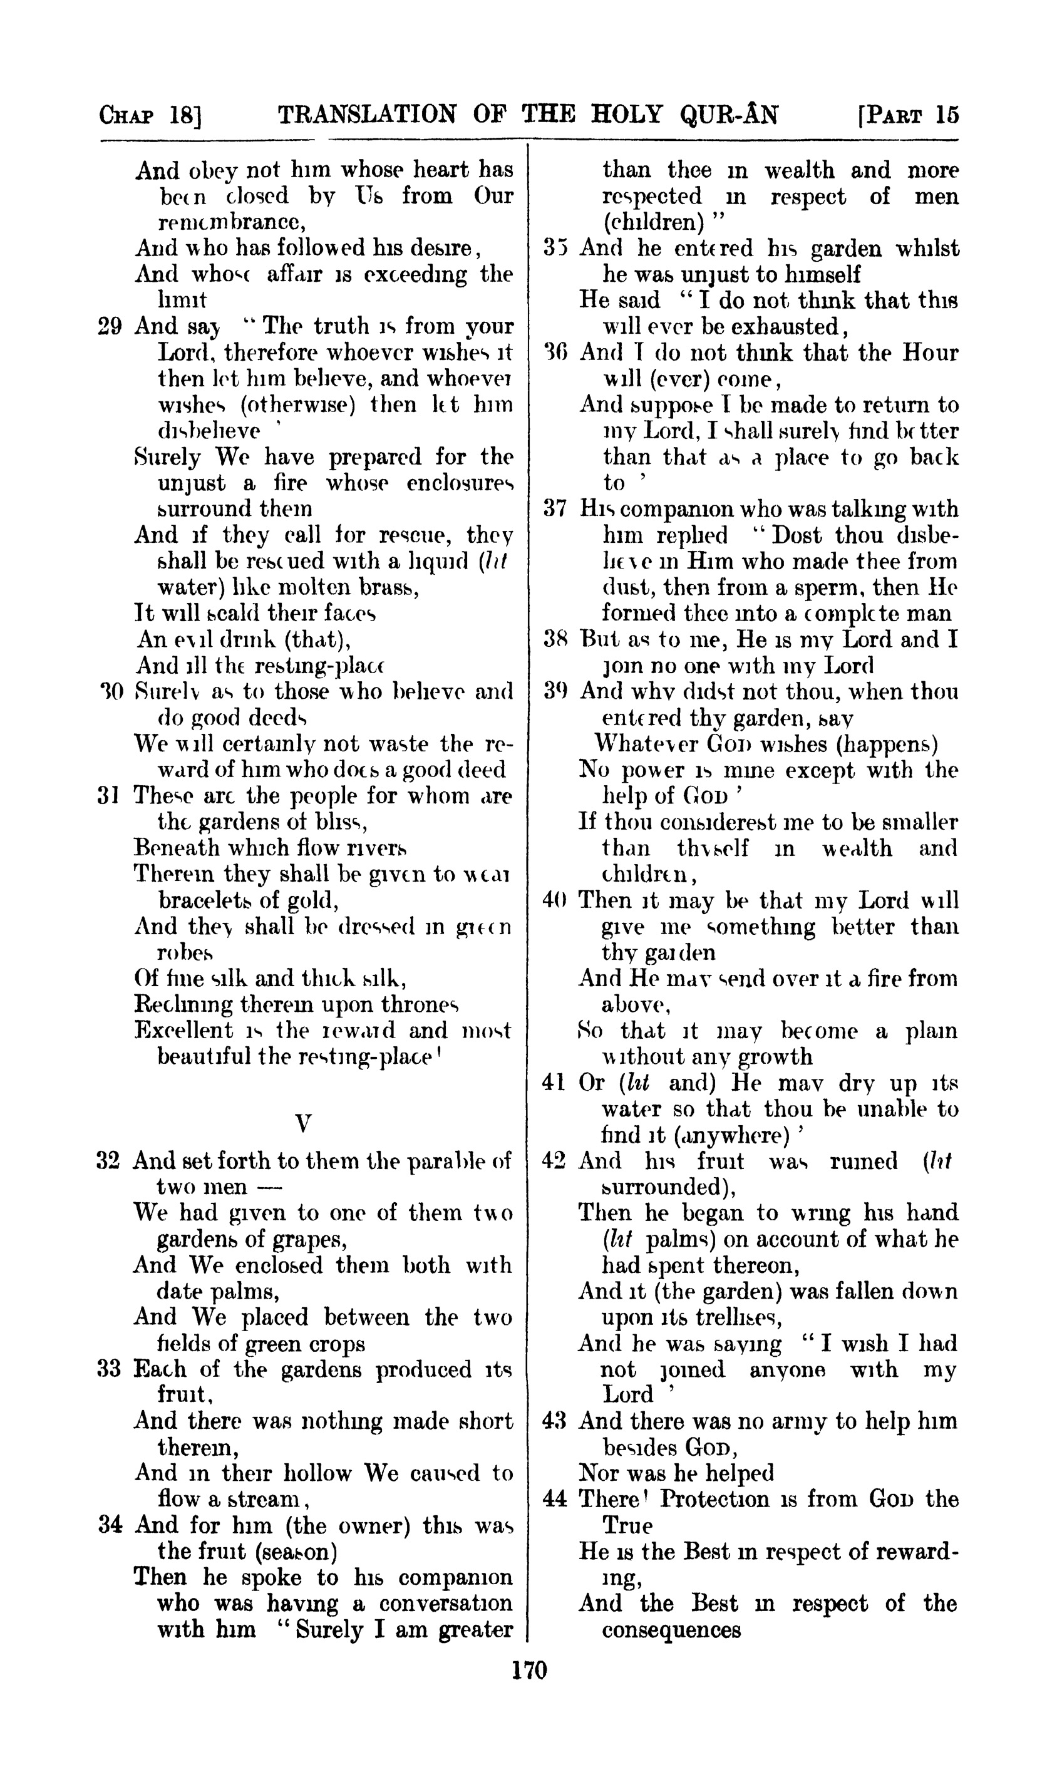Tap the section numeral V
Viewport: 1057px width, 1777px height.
click(x=302, y=1123)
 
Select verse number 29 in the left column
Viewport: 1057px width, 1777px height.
click(x=108, y=326)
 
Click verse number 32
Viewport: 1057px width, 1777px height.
click(x=108, y=1161)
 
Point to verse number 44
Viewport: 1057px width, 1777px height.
click(x=554, y=1500)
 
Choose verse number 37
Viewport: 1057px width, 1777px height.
click(x=554, y=509)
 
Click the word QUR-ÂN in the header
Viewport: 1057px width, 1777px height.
click(x=730, y=114)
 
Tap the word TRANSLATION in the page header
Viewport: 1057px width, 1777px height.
click(x=367, y=114)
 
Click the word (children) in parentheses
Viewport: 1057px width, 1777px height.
click(x=648, y=222)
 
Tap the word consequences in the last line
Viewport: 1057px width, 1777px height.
click(x=671, y=1630)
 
